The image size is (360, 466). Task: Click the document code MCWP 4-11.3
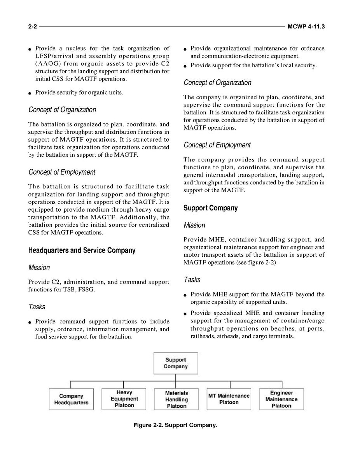306,27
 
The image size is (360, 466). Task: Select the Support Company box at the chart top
176,363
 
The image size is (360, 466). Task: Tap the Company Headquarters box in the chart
71,399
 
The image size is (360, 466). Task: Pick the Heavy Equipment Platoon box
124,399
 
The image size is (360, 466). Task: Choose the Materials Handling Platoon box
177,399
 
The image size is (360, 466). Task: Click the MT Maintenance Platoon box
229,399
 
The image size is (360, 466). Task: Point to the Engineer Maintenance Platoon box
281,399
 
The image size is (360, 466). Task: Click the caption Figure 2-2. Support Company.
175,425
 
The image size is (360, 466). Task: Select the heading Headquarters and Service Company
82,251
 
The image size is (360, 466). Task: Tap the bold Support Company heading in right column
210,208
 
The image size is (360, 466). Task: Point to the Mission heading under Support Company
194,225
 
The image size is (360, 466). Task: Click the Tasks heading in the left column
37,307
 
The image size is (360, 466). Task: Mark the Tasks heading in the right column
192,280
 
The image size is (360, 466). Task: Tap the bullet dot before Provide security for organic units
30,93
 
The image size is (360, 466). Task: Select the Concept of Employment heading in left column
62,172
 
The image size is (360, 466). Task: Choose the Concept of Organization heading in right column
217,83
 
